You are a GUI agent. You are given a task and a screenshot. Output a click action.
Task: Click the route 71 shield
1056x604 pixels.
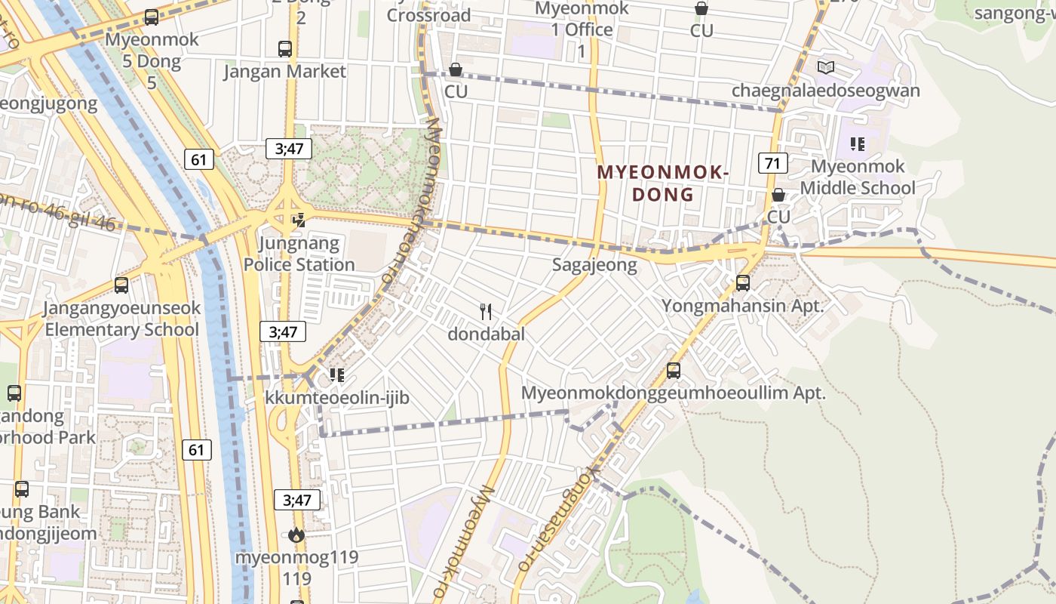(772, 162)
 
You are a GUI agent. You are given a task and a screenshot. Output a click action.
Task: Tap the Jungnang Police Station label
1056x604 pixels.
(299, 254)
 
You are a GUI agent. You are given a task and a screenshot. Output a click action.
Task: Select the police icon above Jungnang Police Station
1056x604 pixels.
(299, 220)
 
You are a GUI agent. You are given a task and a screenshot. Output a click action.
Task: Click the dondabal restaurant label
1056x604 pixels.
(486, 334)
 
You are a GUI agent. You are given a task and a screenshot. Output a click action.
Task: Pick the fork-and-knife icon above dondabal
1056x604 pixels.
(486, 311)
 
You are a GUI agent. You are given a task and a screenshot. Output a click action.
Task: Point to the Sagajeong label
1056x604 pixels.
(594, 265)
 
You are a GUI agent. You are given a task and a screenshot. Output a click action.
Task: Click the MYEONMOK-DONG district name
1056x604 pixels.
(662, 183)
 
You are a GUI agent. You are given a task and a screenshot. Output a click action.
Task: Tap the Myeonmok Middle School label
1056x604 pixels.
(858, 177)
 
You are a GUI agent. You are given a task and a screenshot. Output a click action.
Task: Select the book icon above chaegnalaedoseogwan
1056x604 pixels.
(826, 67)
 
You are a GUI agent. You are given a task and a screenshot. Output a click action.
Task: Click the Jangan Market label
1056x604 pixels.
(284, 72)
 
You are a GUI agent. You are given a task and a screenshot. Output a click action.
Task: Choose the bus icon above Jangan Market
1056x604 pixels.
(284, 49)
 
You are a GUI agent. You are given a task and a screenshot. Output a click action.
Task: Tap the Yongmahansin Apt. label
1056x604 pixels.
(742, 306)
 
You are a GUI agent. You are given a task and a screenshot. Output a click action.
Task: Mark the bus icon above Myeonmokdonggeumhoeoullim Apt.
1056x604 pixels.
(674, 371)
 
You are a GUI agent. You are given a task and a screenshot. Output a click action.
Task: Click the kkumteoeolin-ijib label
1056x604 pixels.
(336, 397)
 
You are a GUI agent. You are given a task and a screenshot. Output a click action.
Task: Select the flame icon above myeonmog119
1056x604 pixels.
(296, 535)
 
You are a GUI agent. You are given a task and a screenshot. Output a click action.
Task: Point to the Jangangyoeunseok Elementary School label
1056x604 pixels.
(121, 319)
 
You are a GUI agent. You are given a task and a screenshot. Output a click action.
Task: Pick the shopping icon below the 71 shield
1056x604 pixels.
(778, 195)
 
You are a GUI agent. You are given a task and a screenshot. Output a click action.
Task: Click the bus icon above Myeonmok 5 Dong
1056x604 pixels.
(151, 17)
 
